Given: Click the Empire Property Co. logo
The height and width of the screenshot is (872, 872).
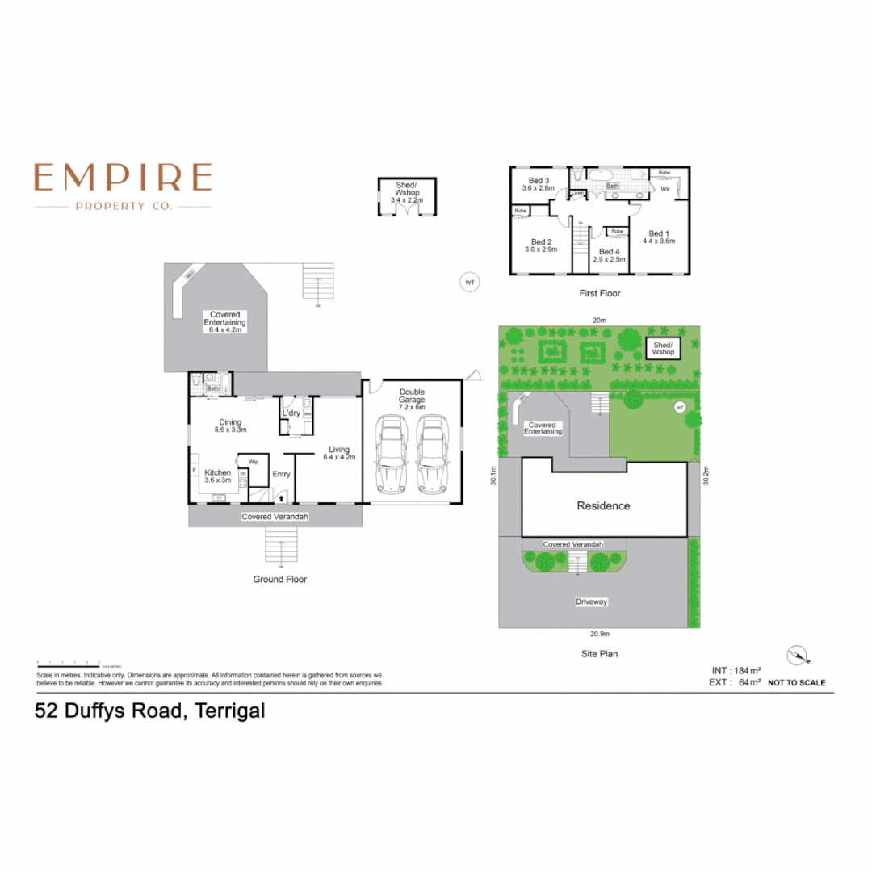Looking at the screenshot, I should [123, 186].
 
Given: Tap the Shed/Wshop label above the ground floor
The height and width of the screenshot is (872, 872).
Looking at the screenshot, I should [407, 191].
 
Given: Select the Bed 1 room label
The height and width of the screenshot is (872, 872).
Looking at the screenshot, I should [659, 237].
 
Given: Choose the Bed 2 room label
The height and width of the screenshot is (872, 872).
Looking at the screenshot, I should [541, 245].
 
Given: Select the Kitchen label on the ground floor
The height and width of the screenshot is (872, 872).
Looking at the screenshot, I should [217, 476].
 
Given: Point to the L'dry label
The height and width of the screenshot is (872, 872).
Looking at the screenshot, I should [291, 413].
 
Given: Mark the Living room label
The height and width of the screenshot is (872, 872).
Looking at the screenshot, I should [338, 453].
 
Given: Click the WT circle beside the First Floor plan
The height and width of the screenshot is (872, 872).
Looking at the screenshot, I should [468, 283].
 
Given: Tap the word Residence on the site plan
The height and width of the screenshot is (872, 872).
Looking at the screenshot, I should [602, 506].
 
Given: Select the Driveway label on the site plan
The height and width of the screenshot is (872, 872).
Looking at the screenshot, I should [591, 602].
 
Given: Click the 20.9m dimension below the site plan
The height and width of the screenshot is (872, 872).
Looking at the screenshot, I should [599, 635].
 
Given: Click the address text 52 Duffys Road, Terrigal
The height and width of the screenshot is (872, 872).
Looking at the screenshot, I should [150, 712].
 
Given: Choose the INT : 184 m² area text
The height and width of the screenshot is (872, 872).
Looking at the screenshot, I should [736, 670].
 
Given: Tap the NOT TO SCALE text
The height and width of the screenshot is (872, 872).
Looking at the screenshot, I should [796, 683].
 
